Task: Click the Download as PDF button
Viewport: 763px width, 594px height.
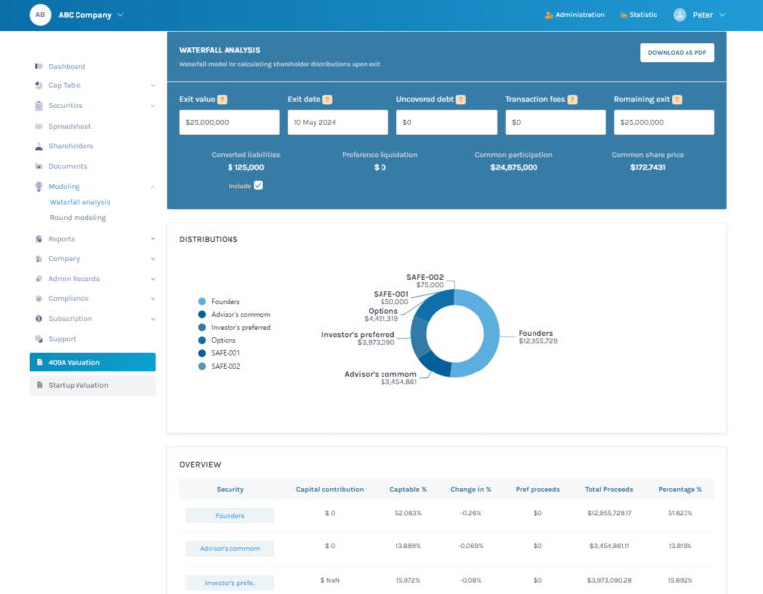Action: click(x=677, y=53)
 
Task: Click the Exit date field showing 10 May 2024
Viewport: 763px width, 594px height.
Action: click(x=338, y=122)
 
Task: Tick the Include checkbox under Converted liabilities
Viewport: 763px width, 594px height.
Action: click(x=258, y=185)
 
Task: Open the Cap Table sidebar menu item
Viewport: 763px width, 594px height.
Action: click(x=66, y=85)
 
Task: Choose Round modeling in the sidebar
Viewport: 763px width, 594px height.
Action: click(x=77, y=217)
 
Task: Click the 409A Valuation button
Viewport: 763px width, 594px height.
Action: click(x=92, y=362)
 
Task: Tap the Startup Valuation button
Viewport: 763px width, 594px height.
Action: click(x=92, y=385)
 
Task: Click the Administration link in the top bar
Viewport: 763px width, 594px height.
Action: click(x=575, y=15)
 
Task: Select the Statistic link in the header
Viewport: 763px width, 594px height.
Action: click(x=638, y=15)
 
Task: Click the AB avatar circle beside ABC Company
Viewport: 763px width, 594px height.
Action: click(x=40, y=15)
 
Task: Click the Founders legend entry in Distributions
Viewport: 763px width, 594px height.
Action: click(x=225, y=301)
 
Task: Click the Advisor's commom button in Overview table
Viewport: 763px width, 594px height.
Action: click(x=229, y=548)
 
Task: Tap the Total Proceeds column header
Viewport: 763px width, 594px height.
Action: click(x=608, y=489)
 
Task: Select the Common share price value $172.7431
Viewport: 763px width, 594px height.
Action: click(x=647, y=167)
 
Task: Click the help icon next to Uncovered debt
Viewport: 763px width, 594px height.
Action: click(x=461, y=99)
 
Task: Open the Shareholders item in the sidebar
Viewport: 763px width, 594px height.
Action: click(x=71, y=146)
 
